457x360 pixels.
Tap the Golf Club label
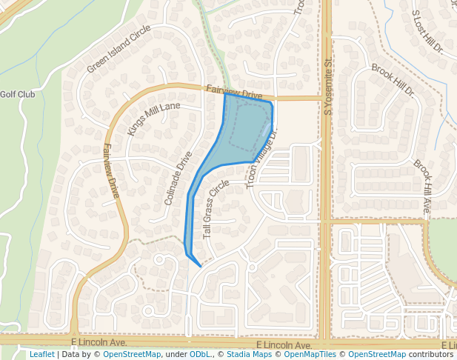coord(17,94)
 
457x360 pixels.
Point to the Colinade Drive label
coord(179,178)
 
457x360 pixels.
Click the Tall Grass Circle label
coord(216,210)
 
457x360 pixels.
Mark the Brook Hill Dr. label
coord(393,80)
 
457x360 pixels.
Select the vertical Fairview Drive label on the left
coord(112,170)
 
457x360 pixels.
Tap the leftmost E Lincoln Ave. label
coord(99,342)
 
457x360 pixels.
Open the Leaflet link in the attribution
coord(41,354)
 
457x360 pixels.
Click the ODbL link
coord(201,354)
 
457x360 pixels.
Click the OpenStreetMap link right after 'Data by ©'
coord(132,354)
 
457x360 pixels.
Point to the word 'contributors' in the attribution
coord(430,354)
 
